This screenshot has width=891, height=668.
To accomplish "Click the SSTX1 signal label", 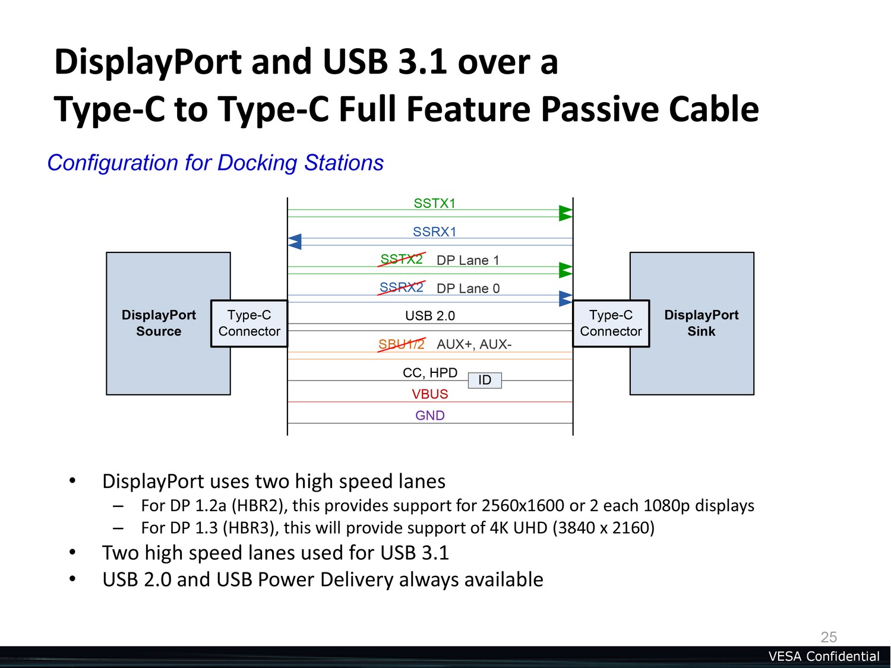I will [434, 204].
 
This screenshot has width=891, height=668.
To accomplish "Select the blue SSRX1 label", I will [434, 232].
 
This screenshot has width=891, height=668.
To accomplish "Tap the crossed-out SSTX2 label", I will [402, 259].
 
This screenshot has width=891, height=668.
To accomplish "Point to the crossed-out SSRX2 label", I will [402, 288].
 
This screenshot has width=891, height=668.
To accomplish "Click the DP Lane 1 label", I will [467, 260].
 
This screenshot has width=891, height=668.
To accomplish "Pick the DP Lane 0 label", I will [467, 289].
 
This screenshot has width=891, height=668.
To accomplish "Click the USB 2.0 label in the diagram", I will [430, 316].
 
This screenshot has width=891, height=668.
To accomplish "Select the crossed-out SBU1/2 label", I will [402, 344].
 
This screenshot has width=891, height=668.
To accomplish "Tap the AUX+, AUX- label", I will [473, 344].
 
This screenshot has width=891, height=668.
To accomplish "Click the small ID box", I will [485, 380].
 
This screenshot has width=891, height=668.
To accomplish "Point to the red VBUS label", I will [430, 394].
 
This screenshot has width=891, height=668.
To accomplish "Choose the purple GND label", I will [430, 416].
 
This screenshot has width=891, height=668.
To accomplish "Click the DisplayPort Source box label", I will [159, 323].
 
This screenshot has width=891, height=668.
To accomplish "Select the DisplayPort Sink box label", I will [701, 323].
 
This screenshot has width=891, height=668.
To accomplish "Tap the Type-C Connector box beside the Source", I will [249, 323].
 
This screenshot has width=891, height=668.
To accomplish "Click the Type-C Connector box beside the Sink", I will [611, 323].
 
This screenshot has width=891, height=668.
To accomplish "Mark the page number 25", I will [829, 637].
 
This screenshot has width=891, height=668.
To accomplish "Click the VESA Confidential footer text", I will [823, 656].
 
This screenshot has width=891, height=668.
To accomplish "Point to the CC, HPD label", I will [430, 373].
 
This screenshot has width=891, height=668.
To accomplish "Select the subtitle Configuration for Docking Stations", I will [216, 163].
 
